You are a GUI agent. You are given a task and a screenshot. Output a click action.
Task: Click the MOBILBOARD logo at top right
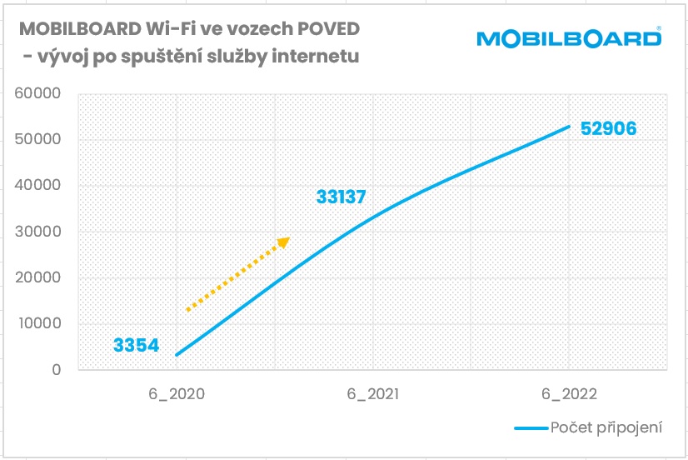pos(570,39)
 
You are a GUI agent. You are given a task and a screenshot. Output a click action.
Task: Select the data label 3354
pos(137,344)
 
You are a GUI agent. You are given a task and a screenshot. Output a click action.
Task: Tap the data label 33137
pos(342,197)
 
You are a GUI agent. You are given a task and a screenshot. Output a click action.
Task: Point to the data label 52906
pos(608,129)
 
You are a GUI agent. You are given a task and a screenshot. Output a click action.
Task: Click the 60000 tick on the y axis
pos(38,93)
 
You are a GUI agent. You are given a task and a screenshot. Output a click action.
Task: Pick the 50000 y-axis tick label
pos(38,139)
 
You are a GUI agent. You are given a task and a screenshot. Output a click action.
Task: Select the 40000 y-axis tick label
pos(38,186)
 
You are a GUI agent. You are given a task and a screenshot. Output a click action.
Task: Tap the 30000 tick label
pos(38,232)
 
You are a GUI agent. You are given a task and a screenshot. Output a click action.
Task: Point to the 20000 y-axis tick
pos(38,277)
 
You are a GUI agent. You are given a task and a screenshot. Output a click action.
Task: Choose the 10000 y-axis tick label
pos(38,323)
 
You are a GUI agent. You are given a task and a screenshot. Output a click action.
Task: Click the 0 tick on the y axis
pos(57,370)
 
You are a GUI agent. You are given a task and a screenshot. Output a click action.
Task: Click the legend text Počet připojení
pos(606,427)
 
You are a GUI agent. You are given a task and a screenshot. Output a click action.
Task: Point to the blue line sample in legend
pos(530,428)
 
